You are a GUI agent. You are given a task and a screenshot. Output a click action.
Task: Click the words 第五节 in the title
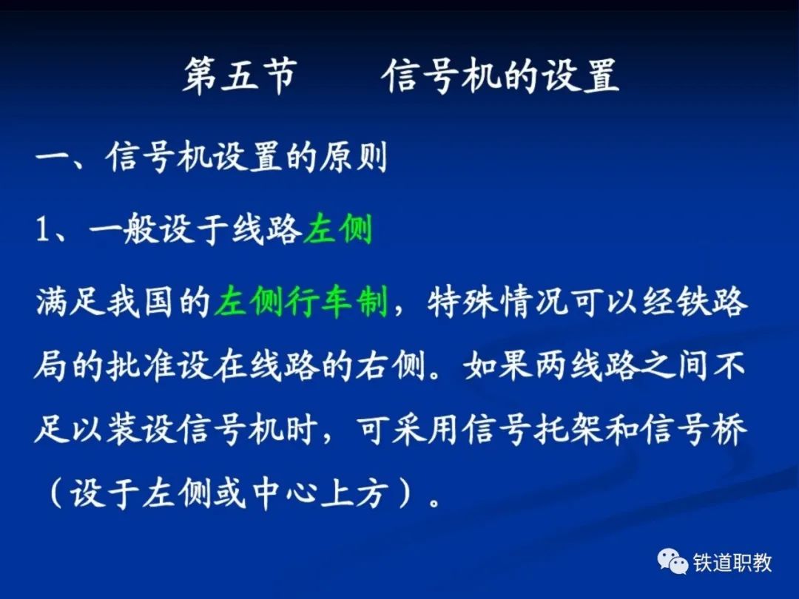240,76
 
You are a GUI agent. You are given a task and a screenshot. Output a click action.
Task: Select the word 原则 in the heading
353,157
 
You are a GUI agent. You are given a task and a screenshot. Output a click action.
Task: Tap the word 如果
498,365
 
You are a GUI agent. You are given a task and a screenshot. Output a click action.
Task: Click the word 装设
140,430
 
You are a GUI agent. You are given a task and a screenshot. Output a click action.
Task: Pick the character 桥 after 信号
729,430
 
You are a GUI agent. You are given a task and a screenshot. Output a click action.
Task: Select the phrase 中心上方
317,493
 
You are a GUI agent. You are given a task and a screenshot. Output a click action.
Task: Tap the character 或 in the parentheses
229,493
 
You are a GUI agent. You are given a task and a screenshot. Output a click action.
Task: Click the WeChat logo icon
672,562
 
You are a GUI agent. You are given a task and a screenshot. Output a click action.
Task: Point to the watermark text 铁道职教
732,563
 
